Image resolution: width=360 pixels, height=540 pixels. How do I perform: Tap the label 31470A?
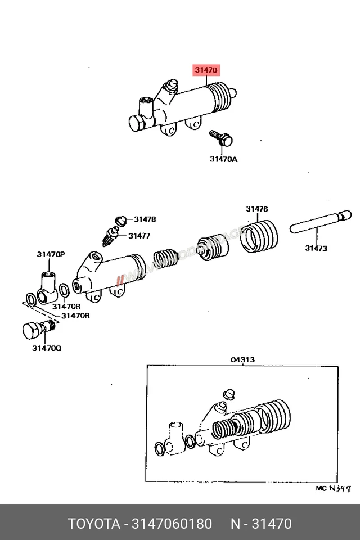point(224,159)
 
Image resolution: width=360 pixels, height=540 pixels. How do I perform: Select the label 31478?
point(145,219)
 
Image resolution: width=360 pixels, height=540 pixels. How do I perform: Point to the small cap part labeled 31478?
point(120,219)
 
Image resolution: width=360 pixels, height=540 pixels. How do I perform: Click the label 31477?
point(139,236)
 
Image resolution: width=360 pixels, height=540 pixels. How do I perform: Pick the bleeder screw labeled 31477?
point(111,235)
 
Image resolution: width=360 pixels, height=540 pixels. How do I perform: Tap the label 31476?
point(256,209)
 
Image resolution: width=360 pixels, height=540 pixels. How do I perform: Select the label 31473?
point(316,247)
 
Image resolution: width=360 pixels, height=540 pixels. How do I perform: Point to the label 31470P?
point(51,255)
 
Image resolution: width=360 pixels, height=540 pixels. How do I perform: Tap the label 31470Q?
point(47,348)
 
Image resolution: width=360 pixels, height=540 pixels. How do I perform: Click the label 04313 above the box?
point(242,359)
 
